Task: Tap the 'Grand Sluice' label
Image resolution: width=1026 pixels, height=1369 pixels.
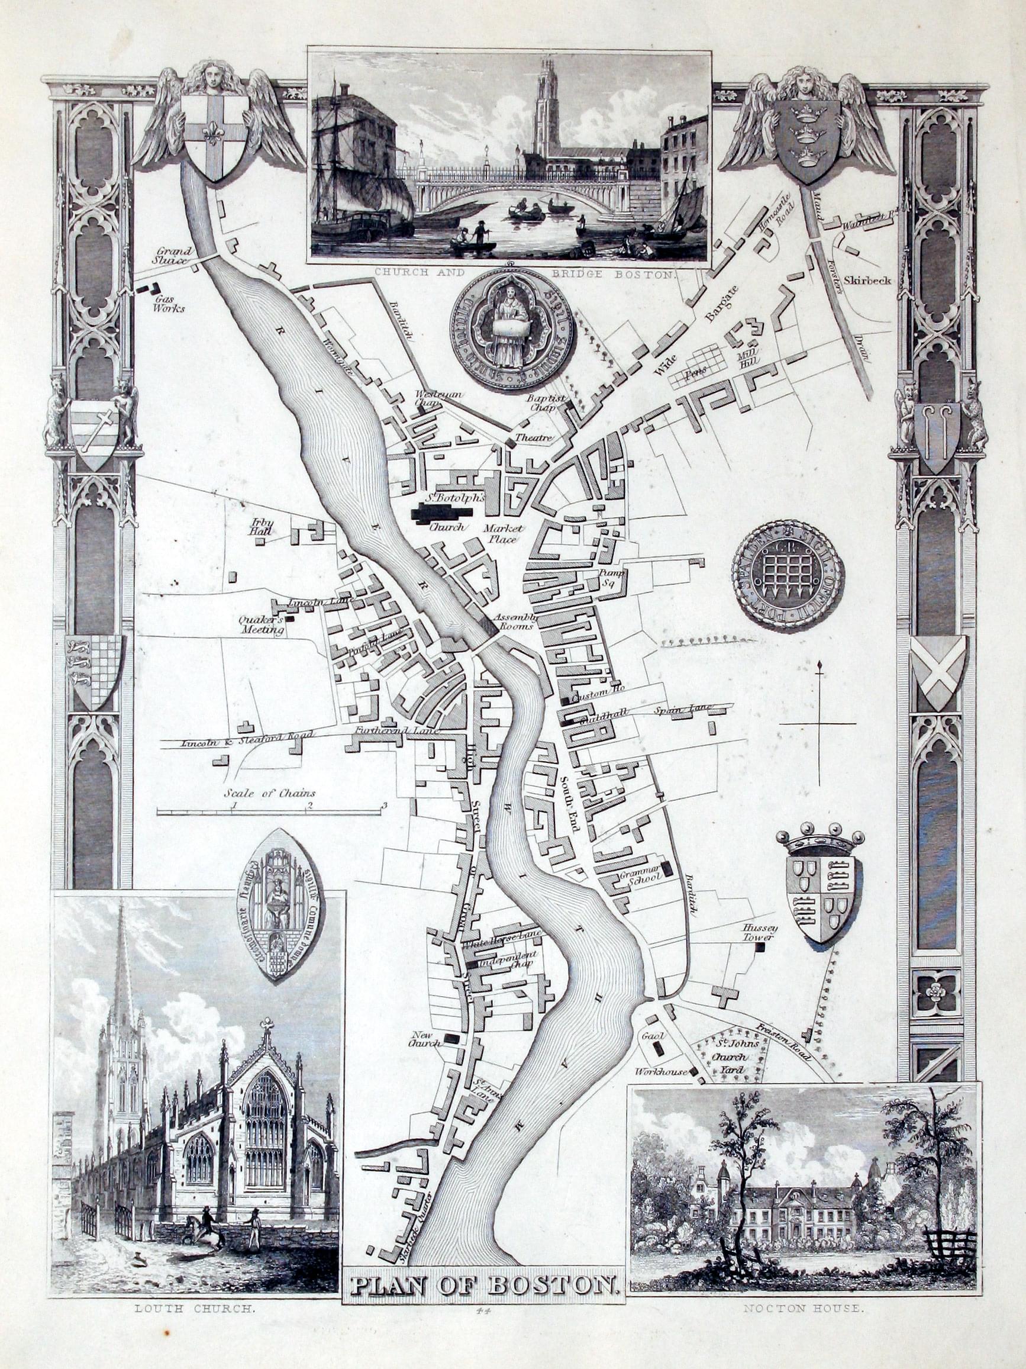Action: (x=175, y=256)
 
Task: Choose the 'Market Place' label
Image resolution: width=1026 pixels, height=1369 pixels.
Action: (x=504, y=533)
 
